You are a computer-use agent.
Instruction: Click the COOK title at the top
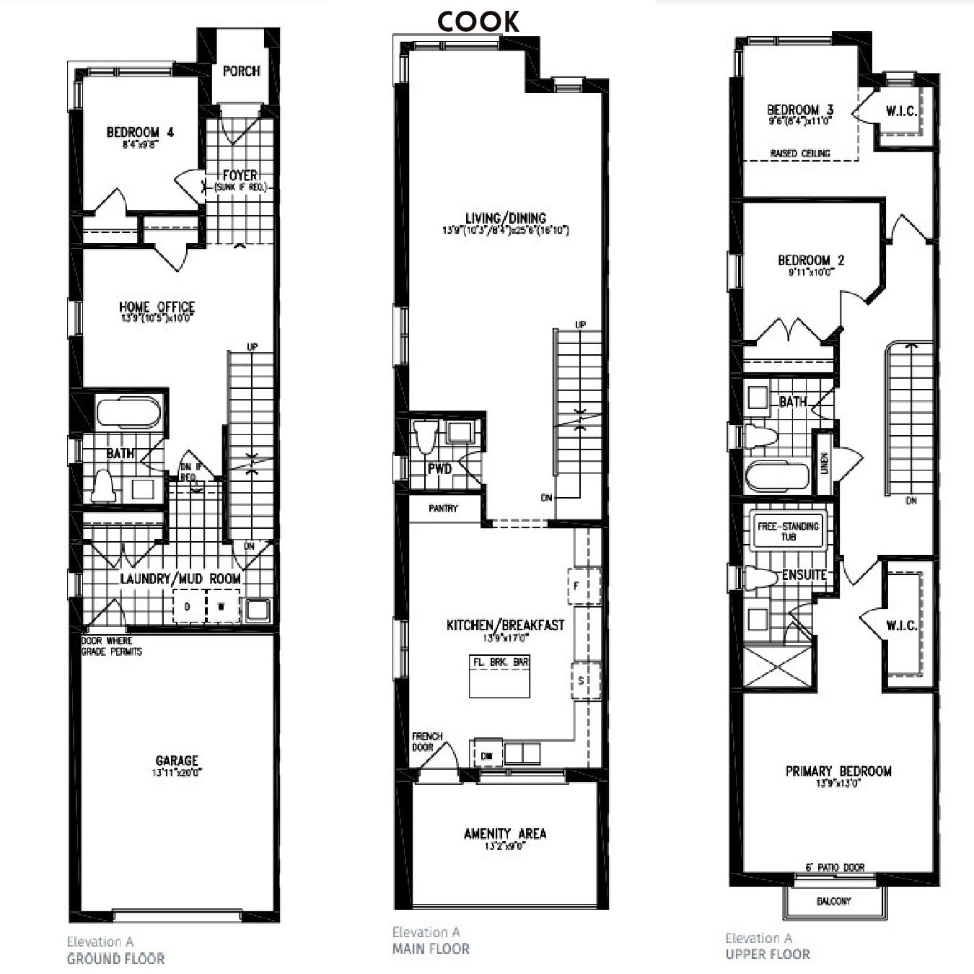(x=478, y=22)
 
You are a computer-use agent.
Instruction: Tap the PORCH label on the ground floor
(x=241, y=71)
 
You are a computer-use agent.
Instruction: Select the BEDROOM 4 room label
(x=140, y=133)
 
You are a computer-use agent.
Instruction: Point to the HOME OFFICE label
(x=157, y=307)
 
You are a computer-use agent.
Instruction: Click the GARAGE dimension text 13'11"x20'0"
(x=176, y=773)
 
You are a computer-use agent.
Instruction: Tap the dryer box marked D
(x=188, y=607)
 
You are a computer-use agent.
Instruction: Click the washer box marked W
(x=222, y=607)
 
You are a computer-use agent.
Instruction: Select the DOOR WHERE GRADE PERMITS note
(x=111, y=646)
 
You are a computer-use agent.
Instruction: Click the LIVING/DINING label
(x=505, y=218)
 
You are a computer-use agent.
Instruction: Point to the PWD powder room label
(x=439, y=469)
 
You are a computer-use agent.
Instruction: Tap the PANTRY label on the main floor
(x=443, y=509)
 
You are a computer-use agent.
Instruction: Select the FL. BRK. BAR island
(x=500, y=676)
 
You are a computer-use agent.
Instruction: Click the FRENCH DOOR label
(x=427, y=742)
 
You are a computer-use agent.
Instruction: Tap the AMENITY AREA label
(x=505, y=833)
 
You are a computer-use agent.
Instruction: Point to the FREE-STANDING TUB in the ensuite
(x=788, y=531)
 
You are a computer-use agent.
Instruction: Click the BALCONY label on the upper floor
(x=833, y=901)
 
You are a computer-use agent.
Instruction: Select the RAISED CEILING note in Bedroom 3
(x=800, y=154)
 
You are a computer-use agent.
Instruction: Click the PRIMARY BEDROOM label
(x=838, y=771)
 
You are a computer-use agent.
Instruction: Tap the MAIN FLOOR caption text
(x=431, y=949)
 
